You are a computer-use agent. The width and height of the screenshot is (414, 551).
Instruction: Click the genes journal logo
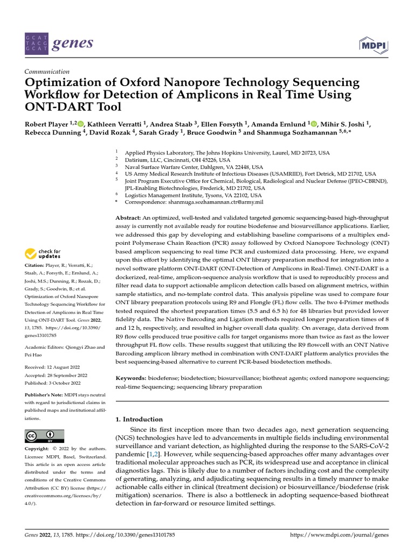coord(59,43)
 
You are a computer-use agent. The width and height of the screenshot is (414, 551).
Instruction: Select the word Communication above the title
coord(47,72)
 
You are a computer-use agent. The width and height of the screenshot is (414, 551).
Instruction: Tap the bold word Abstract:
coord(128,216)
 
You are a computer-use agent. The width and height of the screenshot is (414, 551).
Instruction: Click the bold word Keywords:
coord(132,378)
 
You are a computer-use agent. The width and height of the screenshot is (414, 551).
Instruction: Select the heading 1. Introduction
coord(139,419)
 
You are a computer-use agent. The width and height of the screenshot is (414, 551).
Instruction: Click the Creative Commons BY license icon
coord(44,435)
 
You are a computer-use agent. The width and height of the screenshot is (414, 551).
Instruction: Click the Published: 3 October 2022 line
coord(53,383)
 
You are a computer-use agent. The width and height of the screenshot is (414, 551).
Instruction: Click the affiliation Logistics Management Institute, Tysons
coord(184,195)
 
